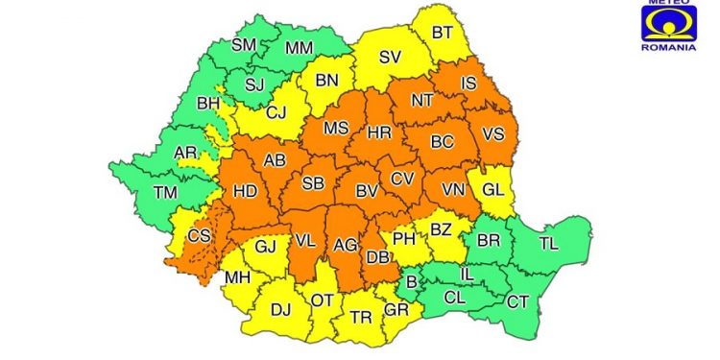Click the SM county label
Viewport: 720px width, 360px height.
244,45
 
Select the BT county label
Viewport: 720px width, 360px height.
442,33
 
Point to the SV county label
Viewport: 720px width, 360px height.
389,58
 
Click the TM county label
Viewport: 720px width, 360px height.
166,193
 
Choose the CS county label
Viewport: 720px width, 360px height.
200,236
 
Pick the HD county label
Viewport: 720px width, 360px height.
245,191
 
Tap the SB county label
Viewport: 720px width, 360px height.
312,184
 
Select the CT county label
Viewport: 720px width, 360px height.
517,302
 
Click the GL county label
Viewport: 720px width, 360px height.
492,190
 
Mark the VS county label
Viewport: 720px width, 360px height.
492,134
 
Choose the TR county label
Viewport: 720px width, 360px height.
361,318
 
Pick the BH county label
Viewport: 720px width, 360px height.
207,104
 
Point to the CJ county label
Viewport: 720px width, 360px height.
276,113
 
